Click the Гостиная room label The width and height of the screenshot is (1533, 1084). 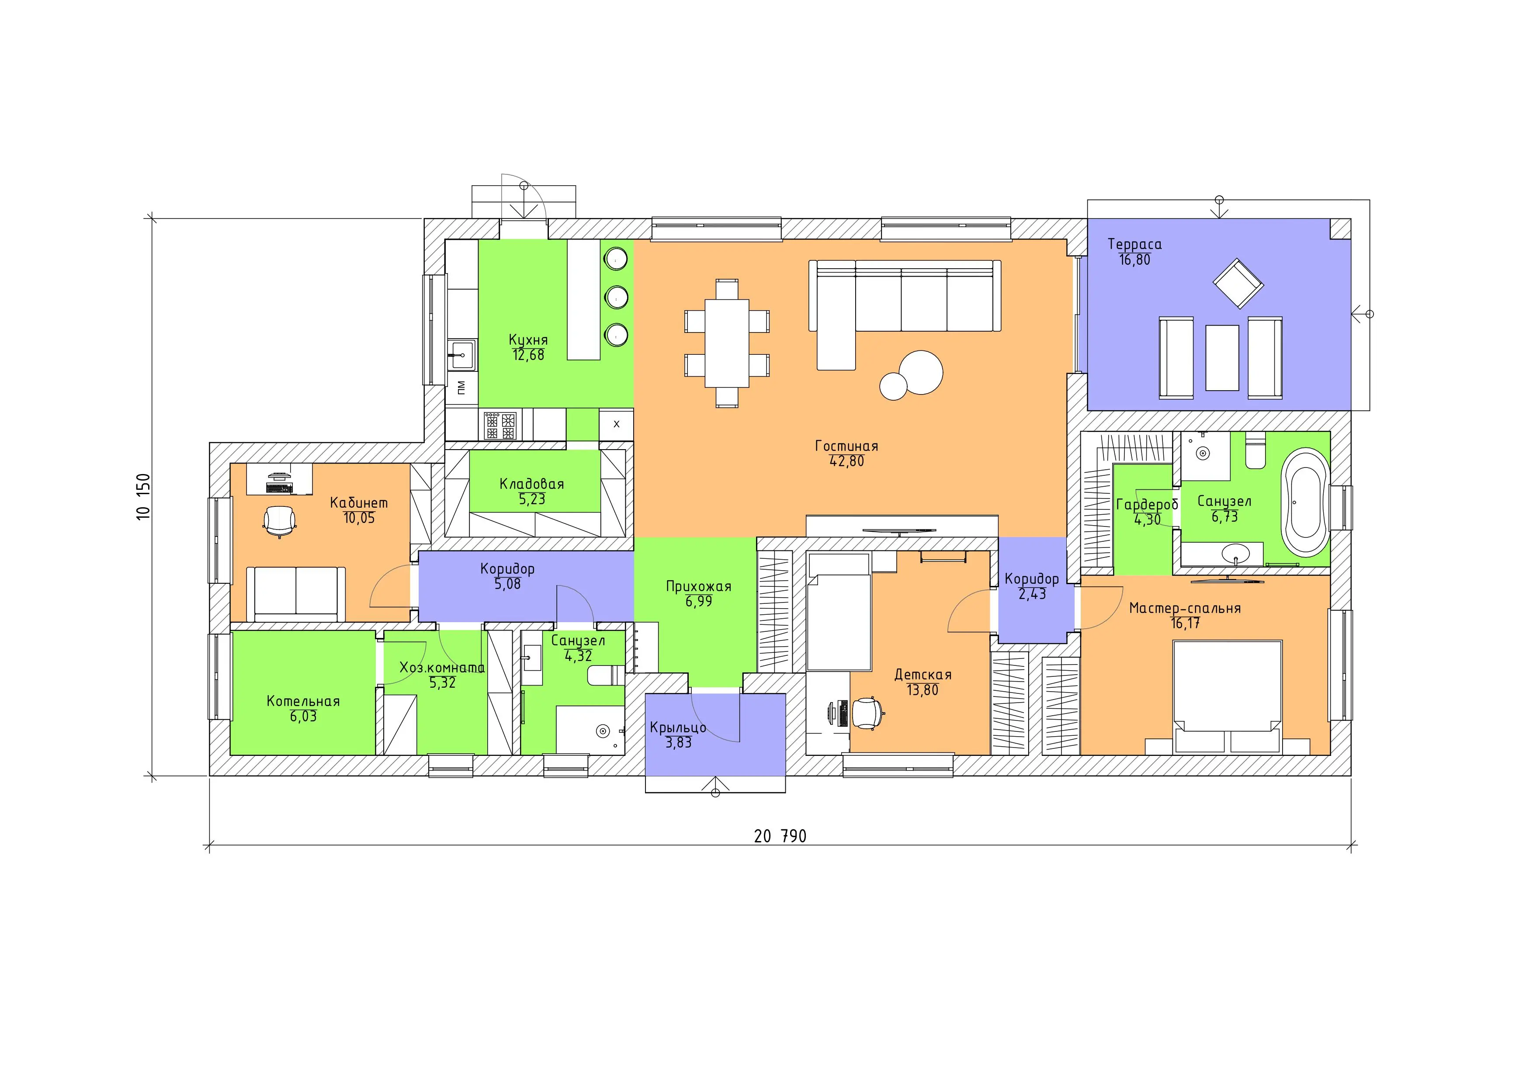click(846, 446)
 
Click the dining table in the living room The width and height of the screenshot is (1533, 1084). click(727, 343)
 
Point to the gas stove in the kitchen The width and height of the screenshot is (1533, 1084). click(500, 425)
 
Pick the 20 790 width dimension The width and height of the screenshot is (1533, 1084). click(780, 836)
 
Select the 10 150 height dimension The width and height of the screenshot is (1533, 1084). click(144, 497)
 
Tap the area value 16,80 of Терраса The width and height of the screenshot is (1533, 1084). click(1134, 260)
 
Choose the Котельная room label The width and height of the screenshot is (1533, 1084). click(303, 701)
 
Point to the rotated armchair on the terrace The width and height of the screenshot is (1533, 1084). click(1238, 284)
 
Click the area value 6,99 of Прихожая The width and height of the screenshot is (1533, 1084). click(698, 601)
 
